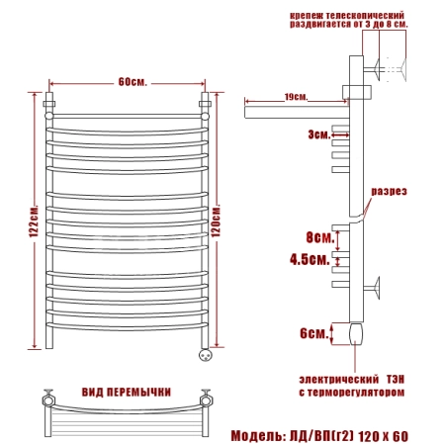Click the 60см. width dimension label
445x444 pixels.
tap(133, 81)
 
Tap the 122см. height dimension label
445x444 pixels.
tap(34, 221)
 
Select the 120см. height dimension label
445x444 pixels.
tap(216, 222)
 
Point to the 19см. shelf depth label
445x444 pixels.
tap(296, 97)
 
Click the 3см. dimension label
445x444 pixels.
tap(318, 134)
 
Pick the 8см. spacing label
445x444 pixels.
tap(319, 237)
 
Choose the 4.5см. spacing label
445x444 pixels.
tap(310, 259)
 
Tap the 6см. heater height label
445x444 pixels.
tap(313, 333)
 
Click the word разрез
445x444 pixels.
tap(389, 192)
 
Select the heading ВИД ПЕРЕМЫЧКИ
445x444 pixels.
tap(127, 392)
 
